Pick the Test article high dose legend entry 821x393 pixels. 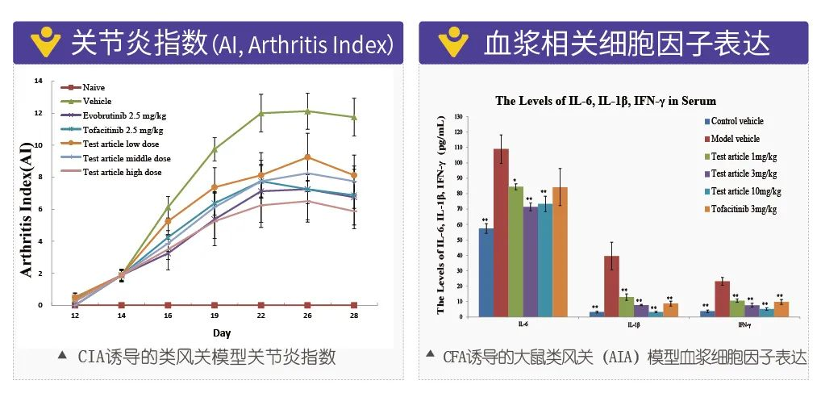122,173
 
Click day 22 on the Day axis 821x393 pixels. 260,317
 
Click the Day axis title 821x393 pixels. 221,332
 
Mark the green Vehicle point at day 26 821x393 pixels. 307,111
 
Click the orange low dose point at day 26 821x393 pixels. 307,157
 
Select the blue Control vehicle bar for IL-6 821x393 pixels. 486,272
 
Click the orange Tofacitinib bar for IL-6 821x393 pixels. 560,251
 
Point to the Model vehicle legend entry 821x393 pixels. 736,139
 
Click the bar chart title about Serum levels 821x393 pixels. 605,101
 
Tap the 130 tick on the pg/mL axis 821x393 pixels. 459,117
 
